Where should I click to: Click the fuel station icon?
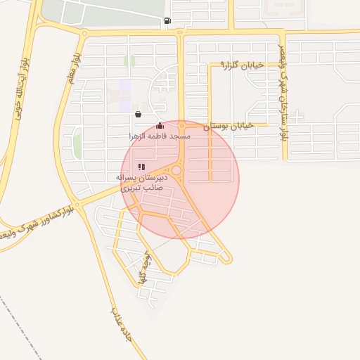coord(167,21)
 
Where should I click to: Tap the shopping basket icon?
coord(138,114)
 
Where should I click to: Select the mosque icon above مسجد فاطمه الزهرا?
coord(160,125)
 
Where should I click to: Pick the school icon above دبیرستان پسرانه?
coord(141,167)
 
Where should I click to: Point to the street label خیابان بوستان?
coord(228,127)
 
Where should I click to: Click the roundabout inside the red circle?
coord(176,170)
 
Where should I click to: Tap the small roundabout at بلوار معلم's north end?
coord(84,33)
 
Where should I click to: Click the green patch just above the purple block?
coord(129,61)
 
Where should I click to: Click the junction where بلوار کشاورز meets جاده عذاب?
coord(79,205)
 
